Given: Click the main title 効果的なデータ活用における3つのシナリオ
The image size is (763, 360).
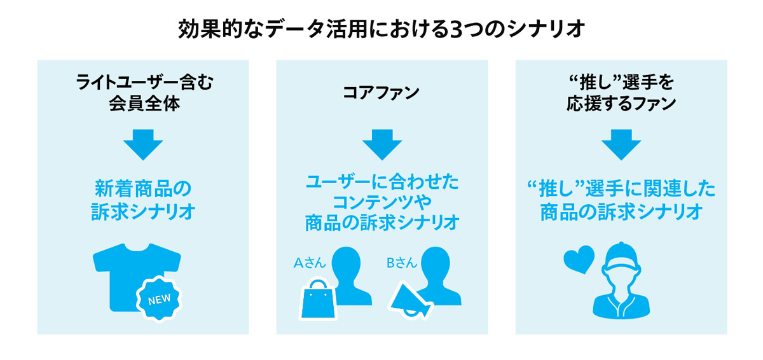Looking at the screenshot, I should click(381, 29).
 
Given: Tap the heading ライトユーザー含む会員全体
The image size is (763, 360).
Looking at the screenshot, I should click(143, 93).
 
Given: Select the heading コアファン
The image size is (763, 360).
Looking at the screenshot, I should click(381, 93).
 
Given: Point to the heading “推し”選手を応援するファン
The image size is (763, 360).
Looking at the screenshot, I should click(621, 93).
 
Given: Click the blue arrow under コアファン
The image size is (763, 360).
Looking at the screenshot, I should click(382, 144).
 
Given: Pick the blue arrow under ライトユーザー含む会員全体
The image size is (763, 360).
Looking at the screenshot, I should click(143, 144).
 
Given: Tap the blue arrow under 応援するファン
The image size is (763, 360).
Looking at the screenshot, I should click(621, 144).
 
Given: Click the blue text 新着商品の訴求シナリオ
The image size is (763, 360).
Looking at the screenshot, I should click(143, 200).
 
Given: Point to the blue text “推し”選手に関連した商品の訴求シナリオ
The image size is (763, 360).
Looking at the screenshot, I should click(621, 200).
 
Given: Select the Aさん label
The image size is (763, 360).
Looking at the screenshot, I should click(310, 263).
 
